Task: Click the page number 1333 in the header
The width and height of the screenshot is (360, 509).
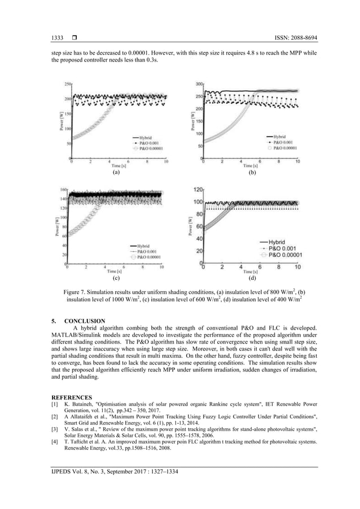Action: (58, 37)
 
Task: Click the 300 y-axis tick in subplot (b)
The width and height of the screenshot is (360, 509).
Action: (199, 84)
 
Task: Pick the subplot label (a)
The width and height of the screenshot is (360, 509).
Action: (116, 173)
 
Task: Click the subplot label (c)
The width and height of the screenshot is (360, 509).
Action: (116, 278)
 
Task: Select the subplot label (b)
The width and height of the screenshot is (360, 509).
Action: (252, 173)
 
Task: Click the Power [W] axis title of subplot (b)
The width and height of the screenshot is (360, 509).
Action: (192, 121)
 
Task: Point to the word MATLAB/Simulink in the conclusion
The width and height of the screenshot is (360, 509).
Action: (78, 335)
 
